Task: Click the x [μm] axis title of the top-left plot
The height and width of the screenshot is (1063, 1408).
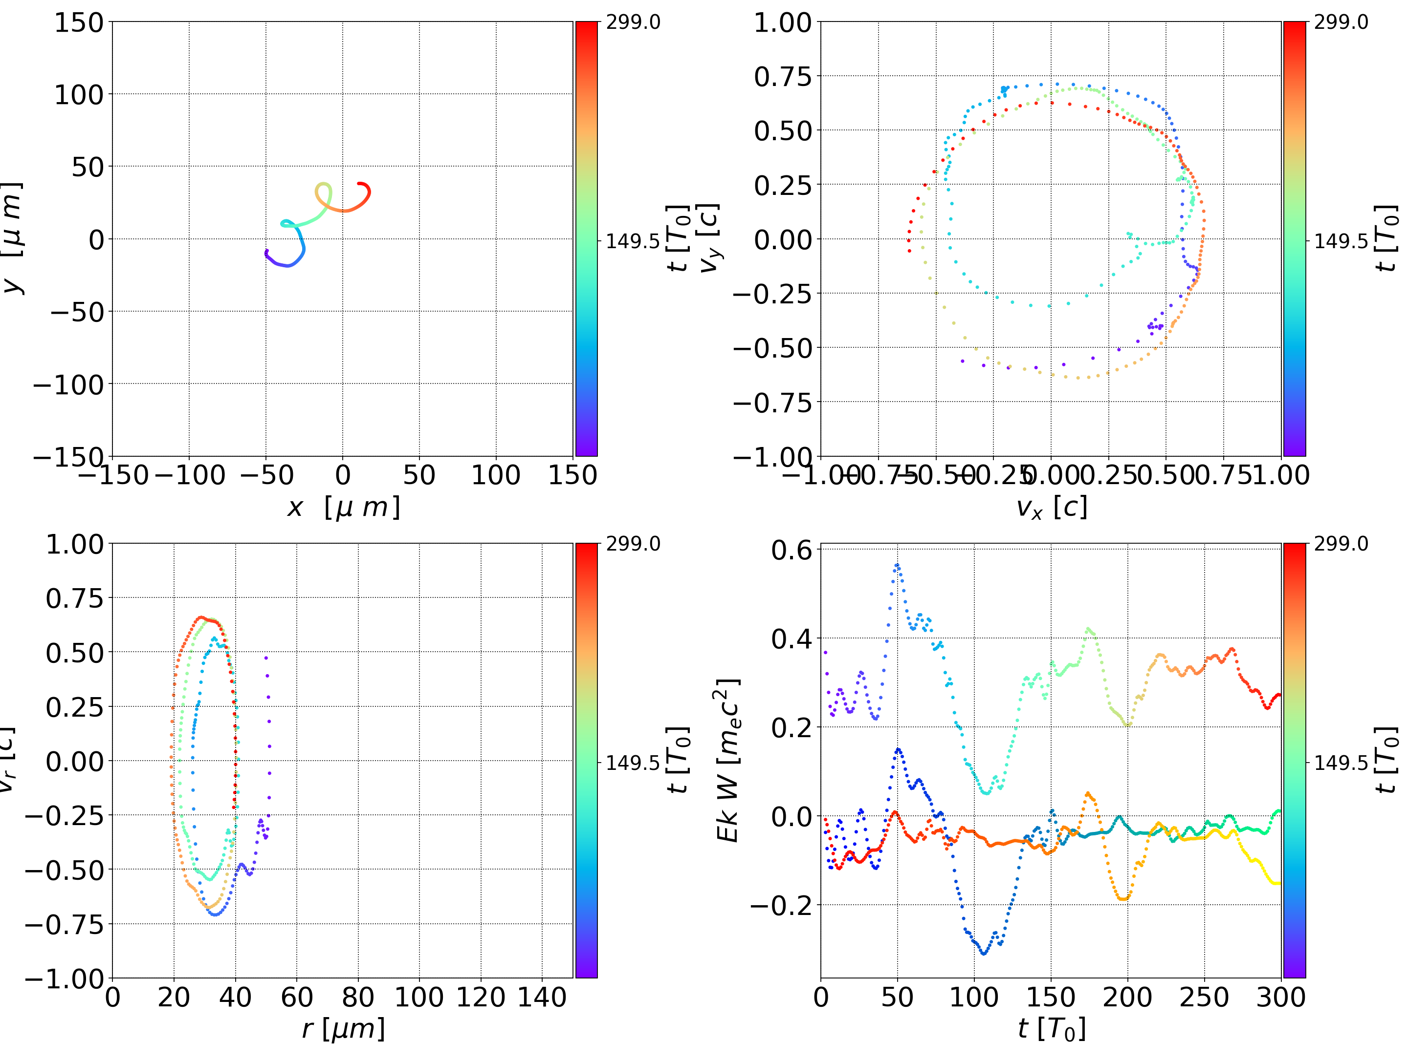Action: point(343,508)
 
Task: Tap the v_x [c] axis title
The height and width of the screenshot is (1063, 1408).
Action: point(1051,508)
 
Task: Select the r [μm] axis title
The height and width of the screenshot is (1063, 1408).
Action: point(343,1029)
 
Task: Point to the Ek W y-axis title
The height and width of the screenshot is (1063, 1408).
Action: point(728,761)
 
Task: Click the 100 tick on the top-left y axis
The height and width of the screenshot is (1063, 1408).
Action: point(78,95)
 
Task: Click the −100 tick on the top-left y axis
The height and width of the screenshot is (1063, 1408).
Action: point(68,385)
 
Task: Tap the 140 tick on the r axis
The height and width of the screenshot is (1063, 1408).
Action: point(542,998)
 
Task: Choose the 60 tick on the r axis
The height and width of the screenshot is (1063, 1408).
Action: point(297,998)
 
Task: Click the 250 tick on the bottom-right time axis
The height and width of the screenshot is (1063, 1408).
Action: point(1204,998)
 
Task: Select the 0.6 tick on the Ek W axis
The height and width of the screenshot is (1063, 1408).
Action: point(792,550)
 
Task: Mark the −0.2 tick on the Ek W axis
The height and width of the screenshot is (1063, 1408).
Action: point(782,905)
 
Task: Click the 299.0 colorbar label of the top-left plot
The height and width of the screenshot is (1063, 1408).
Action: point(633,23)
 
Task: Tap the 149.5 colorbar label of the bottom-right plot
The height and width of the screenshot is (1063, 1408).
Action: point(1341,763)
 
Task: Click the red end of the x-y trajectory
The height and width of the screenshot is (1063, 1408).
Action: point(360,185)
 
